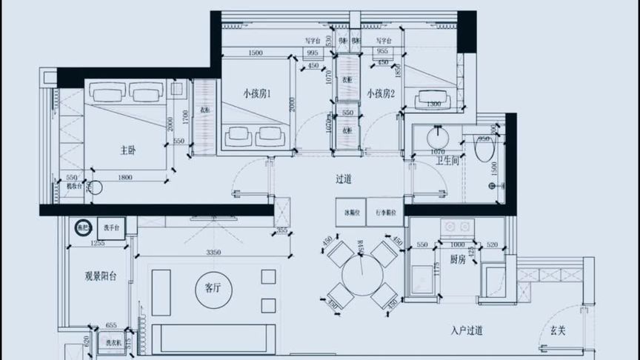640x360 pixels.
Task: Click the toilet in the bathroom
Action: [x=484, y=150]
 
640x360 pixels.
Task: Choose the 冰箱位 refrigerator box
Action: [x=352, y=211]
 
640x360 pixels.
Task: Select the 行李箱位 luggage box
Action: [x=386, y=211]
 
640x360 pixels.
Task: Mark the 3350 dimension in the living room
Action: [x=213, y=253]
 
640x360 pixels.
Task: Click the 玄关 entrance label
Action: [x=558, y=331]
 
